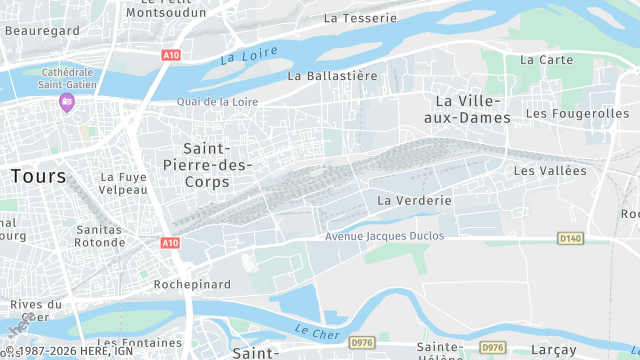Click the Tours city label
pyautogui.click(x=39, y=176)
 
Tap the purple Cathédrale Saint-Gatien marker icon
pyautogui.click(x=67, y=102)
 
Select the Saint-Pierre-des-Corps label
pyautogui.click(x=207, y=165)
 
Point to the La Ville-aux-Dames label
pyautogui.click(x=473, y=109)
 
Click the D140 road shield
pyautogui.click(x=570, y=238)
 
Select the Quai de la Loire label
pyautogui.click(x=217, y=101)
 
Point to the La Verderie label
pyautogui.click(x=414, y=201)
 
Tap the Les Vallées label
pyautogui.click(x=550, y=171)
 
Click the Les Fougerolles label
pyautogui.click(x=577, y=113)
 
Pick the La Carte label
pyautogui.click(x=547, y=60)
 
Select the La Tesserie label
pyautogui.click(x=361, y=18)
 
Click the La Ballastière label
pyautogui.click(x=333, y=75)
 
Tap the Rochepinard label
pyautogui.click(x=192, y=284)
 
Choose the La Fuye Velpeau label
pyautogui.click(x=124, y=183)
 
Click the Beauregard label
pyautogui.click(x=42, y=31)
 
